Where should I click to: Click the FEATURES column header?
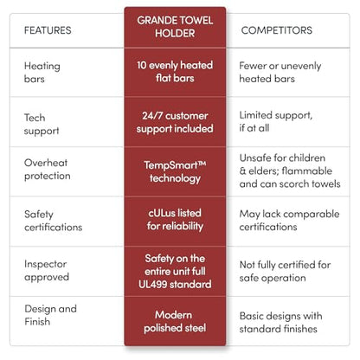click(48, 30)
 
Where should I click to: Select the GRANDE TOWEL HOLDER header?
click(175, 27)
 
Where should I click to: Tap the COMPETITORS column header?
click(277, 30)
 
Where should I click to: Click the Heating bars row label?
click(42, 73)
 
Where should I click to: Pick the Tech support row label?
click(42, 125)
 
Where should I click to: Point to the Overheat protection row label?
click(48, 170)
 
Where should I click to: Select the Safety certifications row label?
click(54, 221)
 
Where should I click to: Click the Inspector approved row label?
click(47, 271)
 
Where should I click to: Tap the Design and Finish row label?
click(51, 315)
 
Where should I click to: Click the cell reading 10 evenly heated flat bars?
click(175, 72)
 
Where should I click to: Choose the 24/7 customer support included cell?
click(175, 122)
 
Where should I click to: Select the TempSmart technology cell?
click(175, 172)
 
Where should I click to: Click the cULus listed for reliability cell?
click(175, 220)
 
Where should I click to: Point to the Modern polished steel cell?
click(175, 322)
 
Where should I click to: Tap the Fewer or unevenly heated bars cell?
click(280, 72)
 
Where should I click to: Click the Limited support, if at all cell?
click(276, 122)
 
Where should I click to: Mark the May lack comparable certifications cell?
click(289, 221)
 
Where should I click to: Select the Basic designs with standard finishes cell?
click(280, 323)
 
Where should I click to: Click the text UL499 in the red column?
click(152, 285)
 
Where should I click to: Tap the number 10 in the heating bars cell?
click(142, 65)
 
